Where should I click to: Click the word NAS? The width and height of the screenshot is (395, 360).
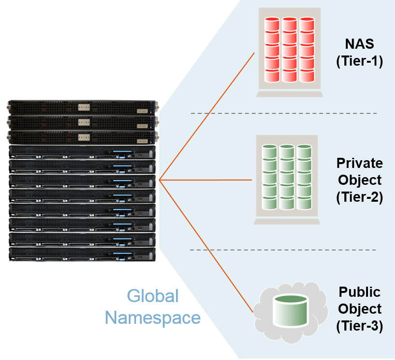[359, 44]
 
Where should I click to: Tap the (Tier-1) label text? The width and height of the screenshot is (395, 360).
[359, 61]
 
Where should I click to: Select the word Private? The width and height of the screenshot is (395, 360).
[360, 163]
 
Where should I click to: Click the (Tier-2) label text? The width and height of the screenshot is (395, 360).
[359, 197]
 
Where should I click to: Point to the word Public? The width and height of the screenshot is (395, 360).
[360, 292]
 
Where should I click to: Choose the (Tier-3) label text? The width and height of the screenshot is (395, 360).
[359, 326]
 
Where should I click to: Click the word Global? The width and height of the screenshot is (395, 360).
[153, 295]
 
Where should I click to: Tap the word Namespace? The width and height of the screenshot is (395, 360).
[153, 318]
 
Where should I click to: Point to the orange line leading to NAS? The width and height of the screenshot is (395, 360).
[207, 116]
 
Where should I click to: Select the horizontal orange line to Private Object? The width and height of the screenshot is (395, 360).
[207, 180]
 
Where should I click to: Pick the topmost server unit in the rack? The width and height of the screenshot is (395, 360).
[82, 107]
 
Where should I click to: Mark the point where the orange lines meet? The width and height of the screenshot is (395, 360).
[160, 180]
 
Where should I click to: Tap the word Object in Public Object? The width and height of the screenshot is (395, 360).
[360, 309]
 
